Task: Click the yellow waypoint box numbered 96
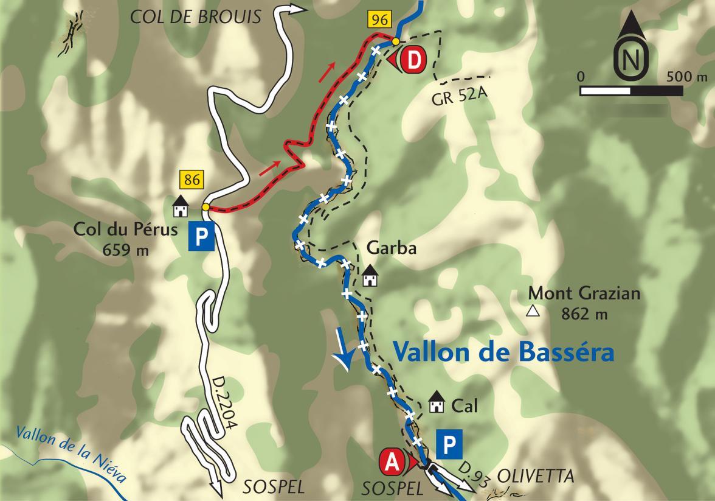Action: (x=378, y=19)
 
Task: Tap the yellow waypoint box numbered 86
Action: (x=190, y=180)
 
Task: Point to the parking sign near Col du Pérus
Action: (x=202, y=236)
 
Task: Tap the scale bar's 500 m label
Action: (x=686, y=77)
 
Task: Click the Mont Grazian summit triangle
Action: (x=533, y=312)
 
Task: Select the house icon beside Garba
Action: (x=370, y=277)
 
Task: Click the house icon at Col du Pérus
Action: (x=180, y=206)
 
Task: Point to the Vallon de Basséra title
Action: (x=503, y=352)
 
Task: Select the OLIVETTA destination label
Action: (x=536, y=476)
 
